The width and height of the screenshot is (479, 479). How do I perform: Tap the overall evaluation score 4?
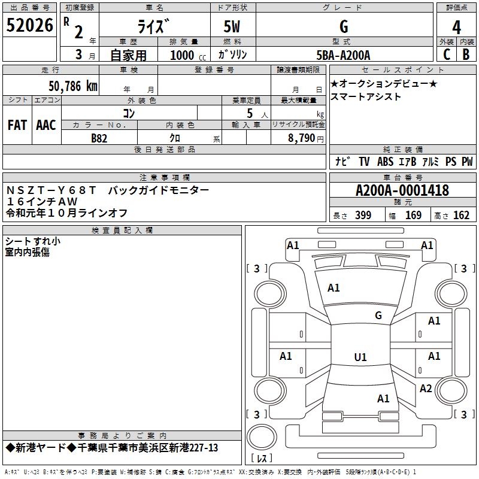coord(457,27)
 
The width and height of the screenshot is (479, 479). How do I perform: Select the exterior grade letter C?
coord(446,54)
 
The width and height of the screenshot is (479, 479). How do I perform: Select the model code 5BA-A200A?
coord(344,55)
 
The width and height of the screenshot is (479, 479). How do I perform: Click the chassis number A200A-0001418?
coord(402,190)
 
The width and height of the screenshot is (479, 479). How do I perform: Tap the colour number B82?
coord(99,137)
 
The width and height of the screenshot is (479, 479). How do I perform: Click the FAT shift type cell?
coord(17,125)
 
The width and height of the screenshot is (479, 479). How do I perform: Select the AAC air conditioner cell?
coord(46,125)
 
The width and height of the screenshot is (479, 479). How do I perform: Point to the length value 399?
coord(363,216)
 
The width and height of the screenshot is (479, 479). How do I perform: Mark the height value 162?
coord(461,216)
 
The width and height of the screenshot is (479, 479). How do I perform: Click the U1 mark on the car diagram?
coord(360,357)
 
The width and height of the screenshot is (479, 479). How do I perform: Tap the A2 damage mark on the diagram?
coord(426,389)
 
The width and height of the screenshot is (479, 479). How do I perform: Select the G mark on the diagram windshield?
coord(378,315)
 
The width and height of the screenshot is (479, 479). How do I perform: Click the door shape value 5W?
coord(233,26)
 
